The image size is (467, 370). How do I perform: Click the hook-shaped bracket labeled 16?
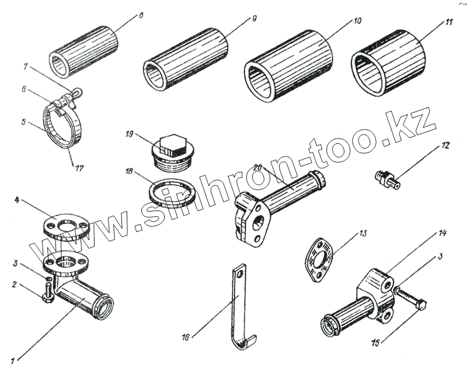point(239,304)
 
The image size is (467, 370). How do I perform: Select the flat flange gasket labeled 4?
point(65,224)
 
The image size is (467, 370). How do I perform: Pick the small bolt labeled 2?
point(48,292)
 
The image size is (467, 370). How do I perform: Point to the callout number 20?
point(259,168)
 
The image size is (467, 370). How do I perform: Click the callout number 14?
point(442,234)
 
